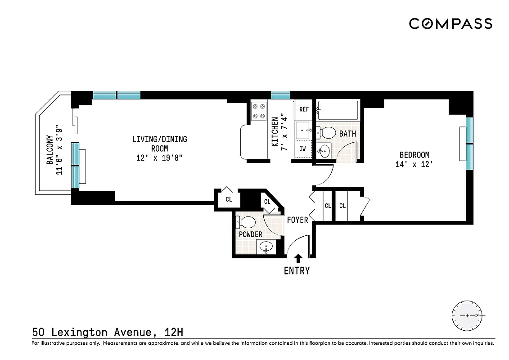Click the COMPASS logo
450,23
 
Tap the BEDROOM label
414,155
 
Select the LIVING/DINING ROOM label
159,144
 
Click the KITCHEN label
275,131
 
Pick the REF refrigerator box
304,109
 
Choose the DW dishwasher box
302,148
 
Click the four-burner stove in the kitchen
259,111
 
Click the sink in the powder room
267,247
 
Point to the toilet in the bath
326,133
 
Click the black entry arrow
297,258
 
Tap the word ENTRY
297,270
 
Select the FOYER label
297,220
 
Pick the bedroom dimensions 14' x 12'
414,165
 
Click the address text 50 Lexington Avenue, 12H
108,333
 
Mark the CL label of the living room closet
229,199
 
